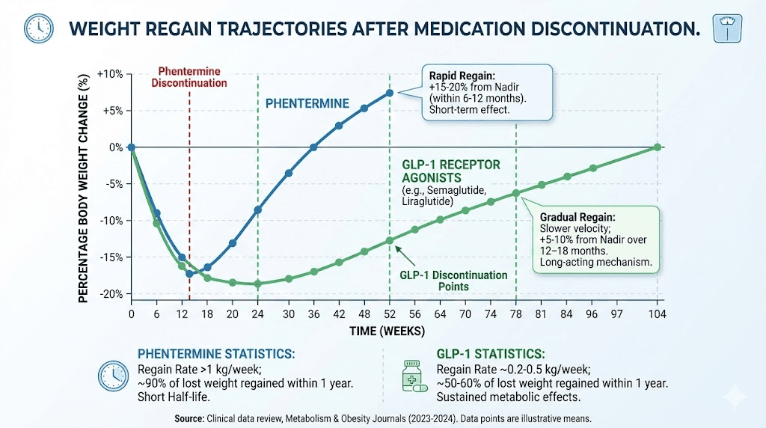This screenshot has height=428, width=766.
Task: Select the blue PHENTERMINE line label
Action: coord(307,103)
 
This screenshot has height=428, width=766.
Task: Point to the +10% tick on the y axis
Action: coord(110,74)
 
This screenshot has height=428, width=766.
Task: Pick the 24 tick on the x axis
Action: coord(257,314)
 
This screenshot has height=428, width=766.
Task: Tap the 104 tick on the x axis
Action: coord(658,314)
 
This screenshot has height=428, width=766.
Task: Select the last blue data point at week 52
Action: coord(390,93)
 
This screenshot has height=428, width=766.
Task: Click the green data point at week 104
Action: coord(658,147)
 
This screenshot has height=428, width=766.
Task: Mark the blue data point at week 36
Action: coord(313,147)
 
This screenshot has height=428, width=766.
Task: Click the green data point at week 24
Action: coord(257,284)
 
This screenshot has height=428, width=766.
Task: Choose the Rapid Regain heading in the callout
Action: coord(462,76)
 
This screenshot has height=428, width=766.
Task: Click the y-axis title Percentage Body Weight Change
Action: coord(83,184)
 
